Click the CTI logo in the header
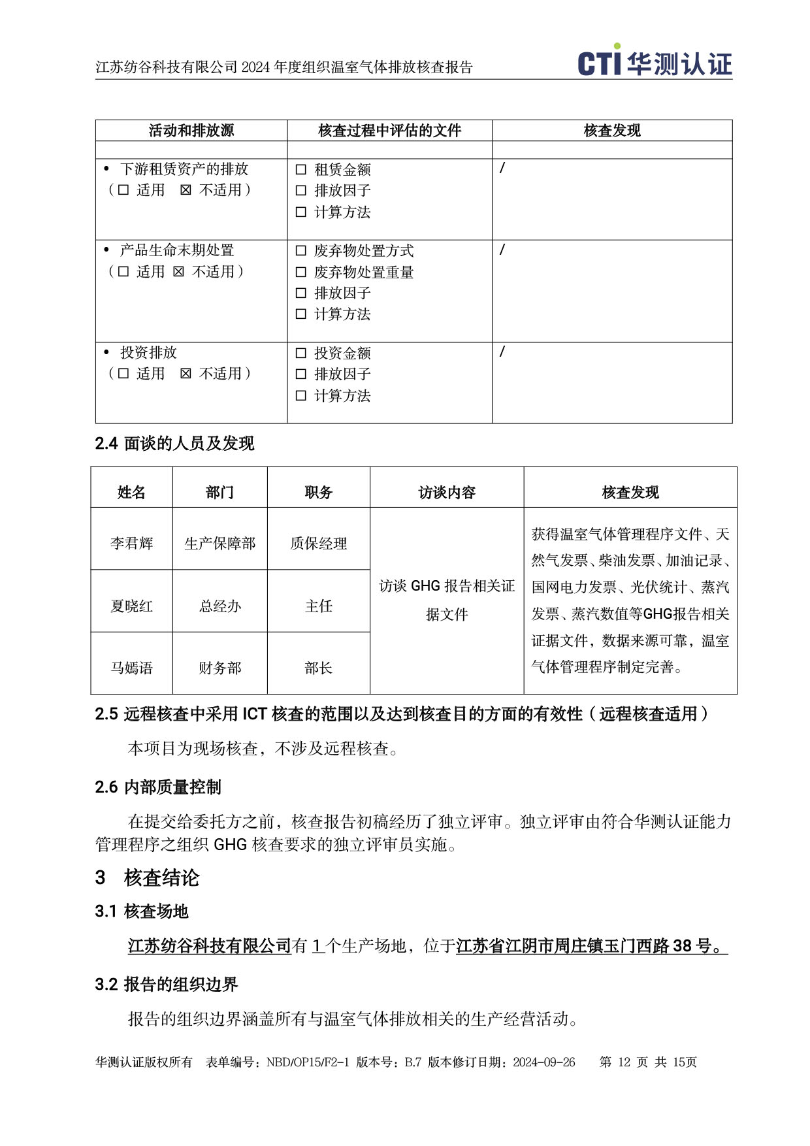(x=655, y=62)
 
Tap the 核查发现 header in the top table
(x=611, y=131)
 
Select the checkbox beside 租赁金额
(x=301, y=170)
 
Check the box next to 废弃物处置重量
(x=301, y=272)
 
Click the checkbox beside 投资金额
(x=301, y=353)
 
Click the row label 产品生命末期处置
(x=177, y=250)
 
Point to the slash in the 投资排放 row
(x=502, y=352)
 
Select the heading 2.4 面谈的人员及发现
(x=174, y=444)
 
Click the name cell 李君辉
(x=131, y=543)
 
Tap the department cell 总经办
(x=220, y=606)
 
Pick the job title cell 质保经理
(x=318, y=543)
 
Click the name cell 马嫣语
(x=131, y=668)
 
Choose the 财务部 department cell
(x=220, y=668)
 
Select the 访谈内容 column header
(x=447, y=492)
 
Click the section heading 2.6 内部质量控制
(x=158, y=787)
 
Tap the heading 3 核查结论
(x=148, y=877)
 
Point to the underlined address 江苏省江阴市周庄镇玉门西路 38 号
(x=591, y=945)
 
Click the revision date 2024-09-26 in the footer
(x=543, y=1062)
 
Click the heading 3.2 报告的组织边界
(x=167, y=984)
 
